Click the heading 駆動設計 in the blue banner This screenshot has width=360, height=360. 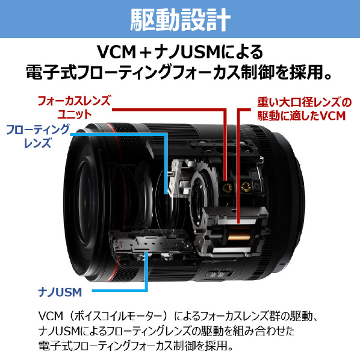(180, 19)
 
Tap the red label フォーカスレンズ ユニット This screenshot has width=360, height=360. (74, 107)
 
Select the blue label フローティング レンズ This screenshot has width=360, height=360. (37, 136)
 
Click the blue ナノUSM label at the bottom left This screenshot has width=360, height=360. (60, 292)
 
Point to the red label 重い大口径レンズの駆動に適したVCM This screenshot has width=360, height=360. (304, 109)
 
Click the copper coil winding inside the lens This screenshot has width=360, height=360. (239, 233)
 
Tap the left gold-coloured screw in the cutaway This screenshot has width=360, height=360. (228, 188)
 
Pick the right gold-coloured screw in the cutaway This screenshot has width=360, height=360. (246, 187)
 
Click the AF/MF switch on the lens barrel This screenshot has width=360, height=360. (219, 273)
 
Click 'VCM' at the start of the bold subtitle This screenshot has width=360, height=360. (116, 52)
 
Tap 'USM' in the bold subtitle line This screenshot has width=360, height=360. (200, 52)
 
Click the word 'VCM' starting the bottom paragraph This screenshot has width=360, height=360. (51, 316)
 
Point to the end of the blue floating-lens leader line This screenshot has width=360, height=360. (166, 193)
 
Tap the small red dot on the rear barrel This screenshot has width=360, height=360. (282, 264)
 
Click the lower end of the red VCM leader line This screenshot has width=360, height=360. (238, 222)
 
